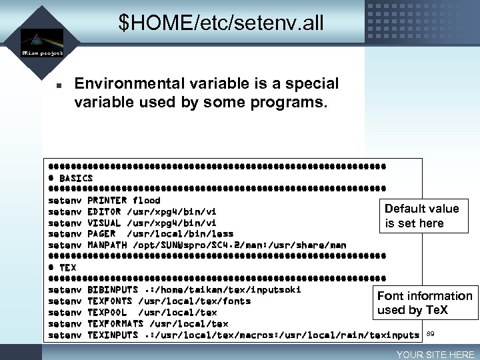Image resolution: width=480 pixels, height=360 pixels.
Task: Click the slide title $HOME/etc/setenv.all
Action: pos(221,23)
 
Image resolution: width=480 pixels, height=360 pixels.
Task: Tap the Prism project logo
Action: pos(41,42)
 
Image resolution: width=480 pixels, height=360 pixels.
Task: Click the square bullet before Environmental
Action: pos(59,85)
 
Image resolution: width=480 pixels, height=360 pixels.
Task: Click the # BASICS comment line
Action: pos(71,178)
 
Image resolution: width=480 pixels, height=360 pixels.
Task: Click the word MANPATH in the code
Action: pos(107,245)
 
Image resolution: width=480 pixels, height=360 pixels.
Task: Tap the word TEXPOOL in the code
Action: pos(107,313)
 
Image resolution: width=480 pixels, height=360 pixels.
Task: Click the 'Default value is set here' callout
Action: pos(422,216)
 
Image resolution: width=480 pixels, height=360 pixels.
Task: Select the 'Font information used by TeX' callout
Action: pos(425,303)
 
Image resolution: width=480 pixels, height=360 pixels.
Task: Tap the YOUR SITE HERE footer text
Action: pos(435,355)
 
